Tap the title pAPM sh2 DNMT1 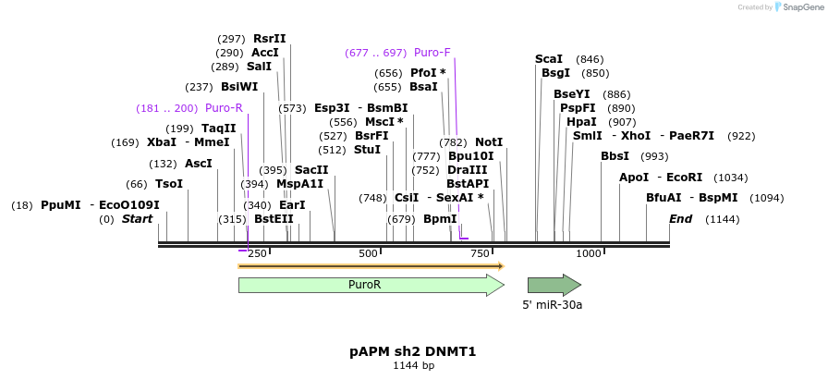coord(413,352)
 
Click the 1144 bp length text coord(413,366)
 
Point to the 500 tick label coord(368,253)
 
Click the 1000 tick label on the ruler coord(588,253)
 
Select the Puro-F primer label coord(432,53)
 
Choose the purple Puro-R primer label coord(224,108)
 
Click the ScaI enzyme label coord(549,59)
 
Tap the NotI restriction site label coord(489,142)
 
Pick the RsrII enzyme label coord(270,39)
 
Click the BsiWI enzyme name coord(239,87)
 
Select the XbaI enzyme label coord(162,142)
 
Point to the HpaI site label coord(581,122)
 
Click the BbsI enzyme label coord(615,156)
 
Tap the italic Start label coord(137,219)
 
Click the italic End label coord(680,219)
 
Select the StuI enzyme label coord(367,150)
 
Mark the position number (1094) coord(767,198)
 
